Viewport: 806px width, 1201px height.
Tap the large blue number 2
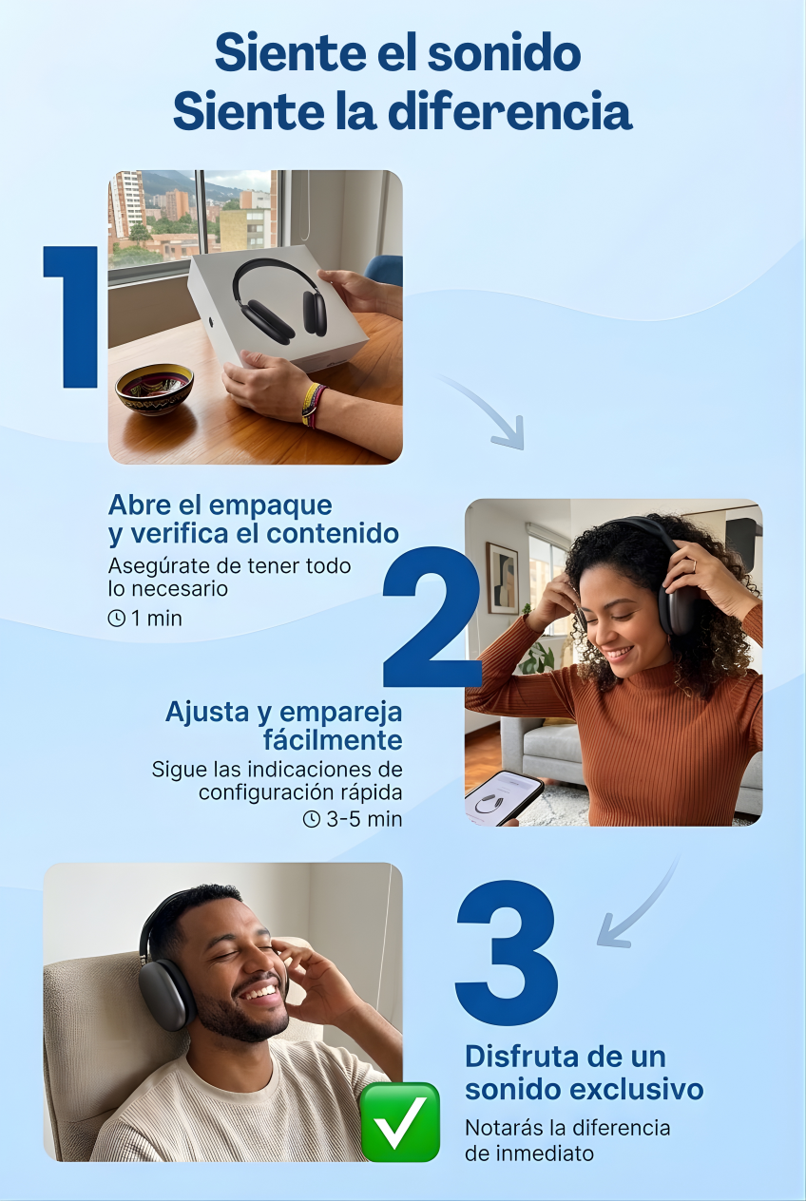(432, 617)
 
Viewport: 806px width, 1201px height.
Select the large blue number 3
(507, 953)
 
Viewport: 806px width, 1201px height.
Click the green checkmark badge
(400, 1122)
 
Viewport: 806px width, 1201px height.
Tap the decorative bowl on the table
(154, 389)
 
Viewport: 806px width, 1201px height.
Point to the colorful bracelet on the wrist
(314, 405)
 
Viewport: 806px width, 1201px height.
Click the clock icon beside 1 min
(116, 619)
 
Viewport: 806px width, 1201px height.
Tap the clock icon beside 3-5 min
(312, 819)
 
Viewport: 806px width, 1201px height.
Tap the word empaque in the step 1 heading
(270, 505)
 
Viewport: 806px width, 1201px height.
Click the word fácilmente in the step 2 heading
(333, 740)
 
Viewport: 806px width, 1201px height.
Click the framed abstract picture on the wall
(502, 578)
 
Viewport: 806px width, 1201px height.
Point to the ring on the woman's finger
(694, 565)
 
